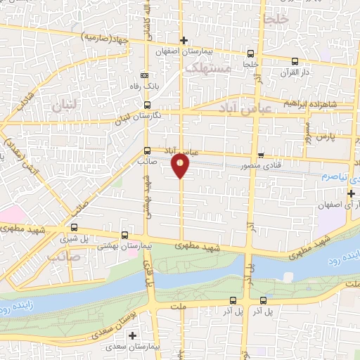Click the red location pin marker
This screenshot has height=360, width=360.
click(x=181, y=165)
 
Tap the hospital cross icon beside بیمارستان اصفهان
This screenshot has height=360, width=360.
click(x=184, y=40)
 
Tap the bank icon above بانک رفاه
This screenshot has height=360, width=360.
click(x=144, y=75)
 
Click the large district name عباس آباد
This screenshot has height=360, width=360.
click(x=243, y=110)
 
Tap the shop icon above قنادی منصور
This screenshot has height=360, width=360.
click(x=261, y=154)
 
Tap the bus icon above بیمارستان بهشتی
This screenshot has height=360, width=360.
click(x=124, y=236)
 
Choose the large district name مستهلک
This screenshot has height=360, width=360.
click(x=206, y=68)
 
